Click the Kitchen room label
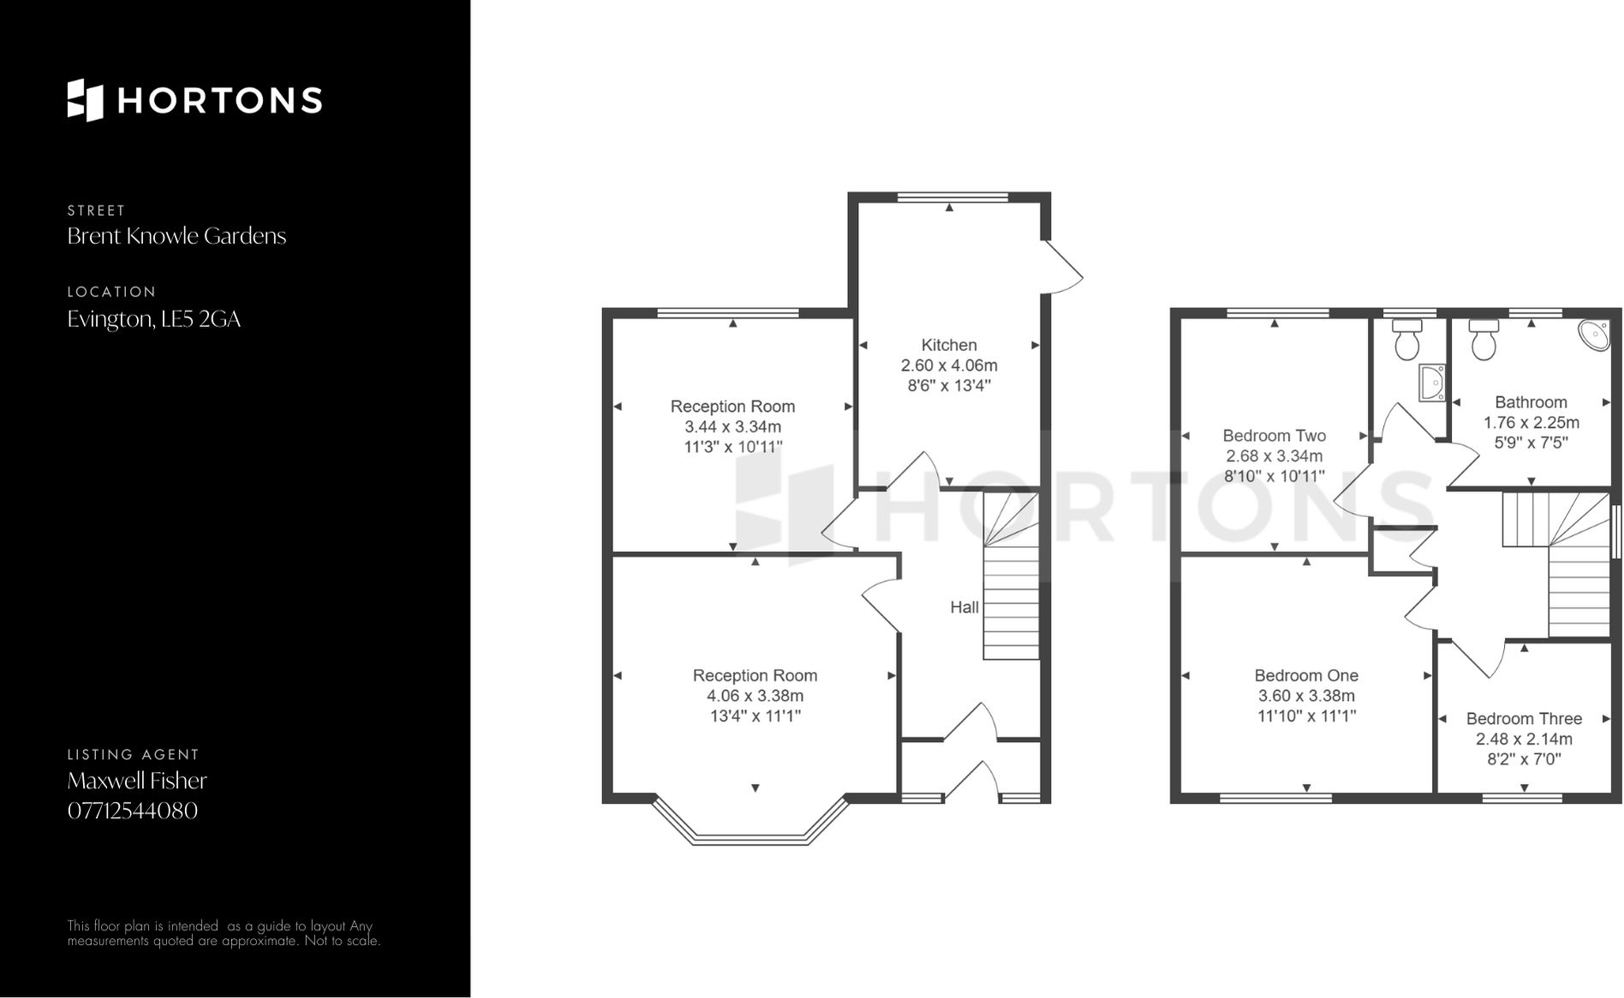point(948,345)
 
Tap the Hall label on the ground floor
point(964,607)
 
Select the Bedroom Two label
point(1274,436)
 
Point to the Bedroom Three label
point(1523,719)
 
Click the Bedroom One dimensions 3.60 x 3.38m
point(1306,696)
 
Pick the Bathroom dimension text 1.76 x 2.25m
point(1531,423)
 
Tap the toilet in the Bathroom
point(1484,340)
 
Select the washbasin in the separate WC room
point(1432,383)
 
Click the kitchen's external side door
point(1062,266)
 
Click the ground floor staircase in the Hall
point(1011,582)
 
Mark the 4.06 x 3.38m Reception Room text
point(755,696)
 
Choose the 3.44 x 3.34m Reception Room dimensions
point(732,427)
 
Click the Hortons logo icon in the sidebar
point(85,100)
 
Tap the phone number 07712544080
point(133,811)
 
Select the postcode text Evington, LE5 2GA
point(154,319)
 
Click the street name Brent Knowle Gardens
point(176,236)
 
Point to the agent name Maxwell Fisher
point(137,781)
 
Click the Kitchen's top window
point(952,197)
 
